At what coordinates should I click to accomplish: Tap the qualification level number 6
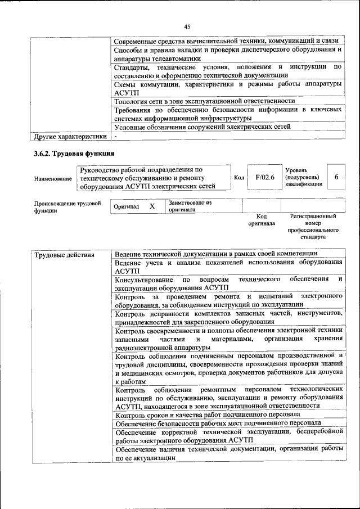(x=336, y=177)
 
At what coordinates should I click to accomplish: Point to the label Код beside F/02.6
(x=238, y=177)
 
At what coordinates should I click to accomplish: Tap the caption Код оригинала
(x=261, y=219)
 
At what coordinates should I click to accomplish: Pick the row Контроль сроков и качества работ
(x=206, y=415)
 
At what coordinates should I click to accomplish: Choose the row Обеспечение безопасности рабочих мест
(x=218, y=423)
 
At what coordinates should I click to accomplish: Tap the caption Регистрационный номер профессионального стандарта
(x=313, y=227)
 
